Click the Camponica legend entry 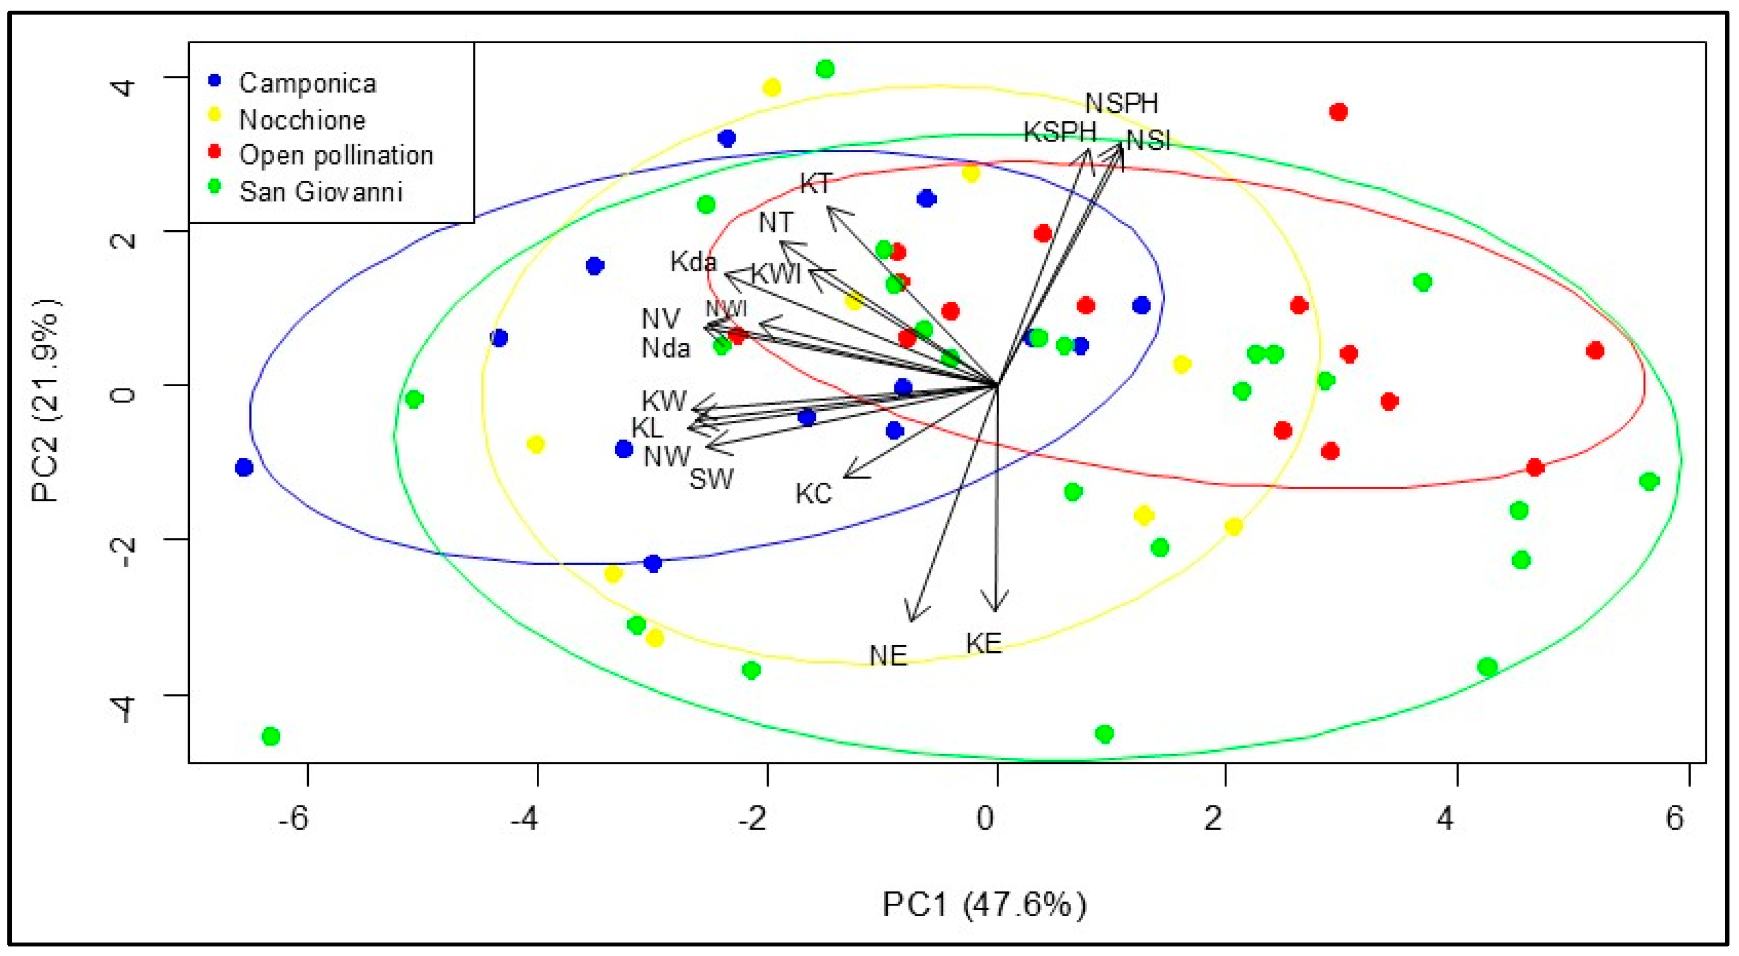307,83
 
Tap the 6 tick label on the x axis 1675,818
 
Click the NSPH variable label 1121,103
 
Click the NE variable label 888,655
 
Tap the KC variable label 814,494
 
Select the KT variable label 816,184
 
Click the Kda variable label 693,262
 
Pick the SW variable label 711,479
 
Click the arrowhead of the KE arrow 995,609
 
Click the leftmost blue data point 244,467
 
